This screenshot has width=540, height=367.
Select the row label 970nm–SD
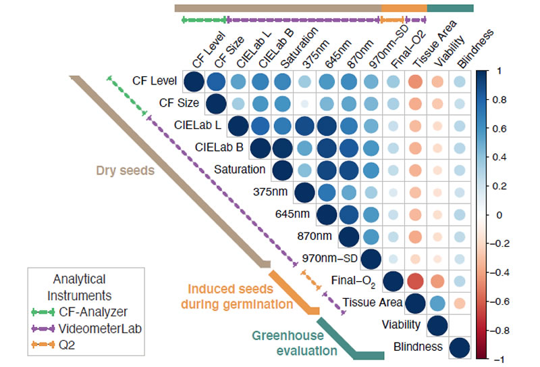(330, 258)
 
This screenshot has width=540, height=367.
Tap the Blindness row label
(418, 347)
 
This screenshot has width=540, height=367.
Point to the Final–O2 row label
(353, 280)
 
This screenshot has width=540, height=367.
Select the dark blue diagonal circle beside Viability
(437, 325)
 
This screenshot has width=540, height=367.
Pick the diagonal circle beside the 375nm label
(304, 192)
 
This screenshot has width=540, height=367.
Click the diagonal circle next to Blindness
(459, 347)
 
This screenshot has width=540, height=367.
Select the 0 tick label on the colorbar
(497, 215)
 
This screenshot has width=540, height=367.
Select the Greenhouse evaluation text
(294, 343)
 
